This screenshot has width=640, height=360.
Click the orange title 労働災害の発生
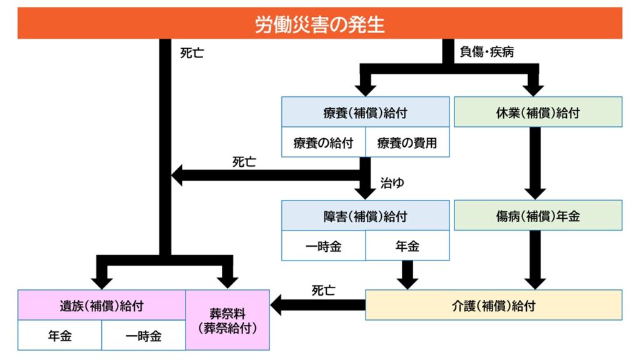pyautogui.click(x=319, y=24)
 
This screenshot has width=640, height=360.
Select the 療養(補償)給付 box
pyautogui.click(x=365, y=112)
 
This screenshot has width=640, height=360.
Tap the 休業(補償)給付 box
pyautogui.click(x=537, y=112)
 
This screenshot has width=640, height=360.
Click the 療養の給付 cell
pyautogui.click(x=323, y=143)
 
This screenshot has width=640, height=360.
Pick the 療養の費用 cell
pyautogui.click(x=407, y=143)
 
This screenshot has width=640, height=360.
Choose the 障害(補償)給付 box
pyautogui.click(x=365, y=216)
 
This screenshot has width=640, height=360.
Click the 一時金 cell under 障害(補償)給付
pyautogui.click(x=323, y=246)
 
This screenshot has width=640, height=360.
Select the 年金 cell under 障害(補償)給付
pyautogui.click(x=407, y=246)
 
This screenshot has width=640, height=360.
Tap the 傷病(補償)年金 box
pyautogui.click(x=537, y=216)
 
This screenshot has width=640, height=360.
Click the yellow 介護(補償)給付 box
pyautogui.click(x=493, y=305)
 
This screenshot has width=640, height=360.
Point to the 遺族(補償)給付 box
pyautogui.click(x=102, y=305)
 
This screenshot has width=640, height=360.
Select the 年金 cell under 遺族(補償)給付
pyautogui.click(x=60, y=336)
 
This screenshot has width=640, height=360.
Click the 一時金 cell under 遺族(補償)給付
pyautogui.click(x=144, y=336)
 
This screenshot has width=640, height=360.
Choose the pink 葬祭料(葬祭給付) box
pyautogui.click(x=227, y=319)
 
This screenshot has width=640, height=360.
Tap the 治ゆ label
pyautogui.click(x=392, y=183)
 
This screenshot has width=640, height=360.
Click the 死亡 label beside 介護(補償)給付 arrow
pyautogui.click(x=323, y=291)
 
